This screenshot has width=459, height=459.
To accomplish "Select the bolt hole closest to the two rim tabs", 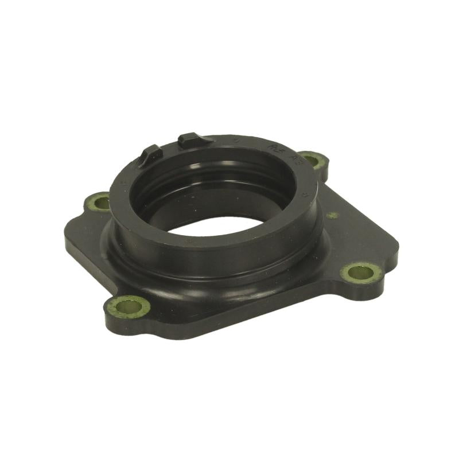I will tap(98, 201).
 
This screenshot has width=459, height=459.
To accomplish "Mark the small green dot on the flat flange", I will tap(332, 216).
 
